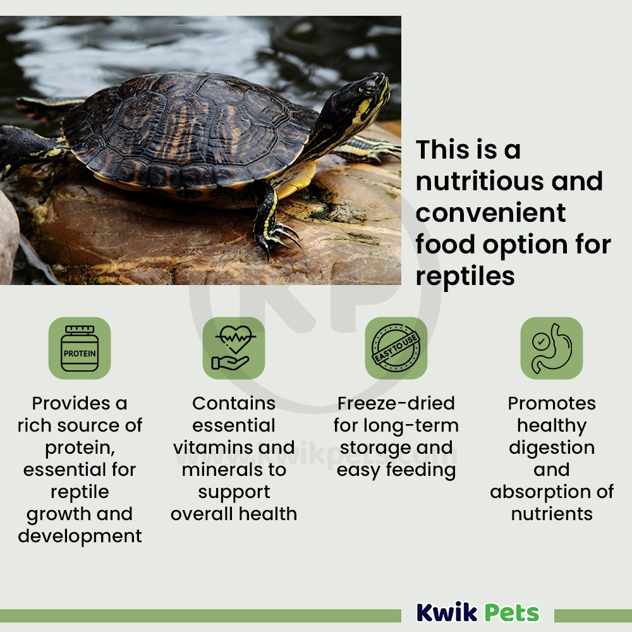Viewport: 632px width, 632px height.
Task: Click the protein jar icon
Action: (80, 348)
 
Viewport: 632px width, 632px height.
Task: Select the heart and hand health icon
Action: (234, 348)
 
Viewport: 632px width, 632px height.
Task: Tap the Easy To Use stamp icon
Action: (396, 348)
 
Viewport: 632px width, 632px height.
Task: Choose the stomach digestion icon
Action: (551, 348)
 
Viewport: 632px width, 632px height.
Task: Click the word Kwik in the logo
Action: (447, 612)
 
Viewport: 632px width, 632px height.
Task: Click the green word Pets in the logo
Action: (512, 613)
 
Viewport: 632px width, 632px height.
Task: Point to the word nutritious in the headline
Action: (480, 181)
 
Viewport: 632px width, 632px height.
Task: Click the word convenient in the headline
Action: (490, 213)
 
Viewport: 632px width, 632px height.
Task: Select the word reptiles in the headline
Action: (465, 277)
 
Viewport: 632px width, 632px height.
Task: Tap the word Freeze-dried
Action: (396, 403)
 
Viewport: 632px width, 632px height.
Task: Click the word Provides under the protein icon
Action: (71, 403)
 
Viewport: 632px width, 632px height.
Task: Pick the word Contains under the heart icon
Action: (234, 403)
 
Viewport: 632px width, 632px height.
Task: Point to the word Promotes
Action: (552, 403)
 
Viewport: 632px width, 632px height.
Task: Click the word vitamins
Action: (213, 447)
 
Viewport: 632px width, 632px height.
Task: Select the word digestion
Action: (552, 448)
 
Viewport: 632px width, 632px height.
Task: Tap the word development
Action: (80, 537)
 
